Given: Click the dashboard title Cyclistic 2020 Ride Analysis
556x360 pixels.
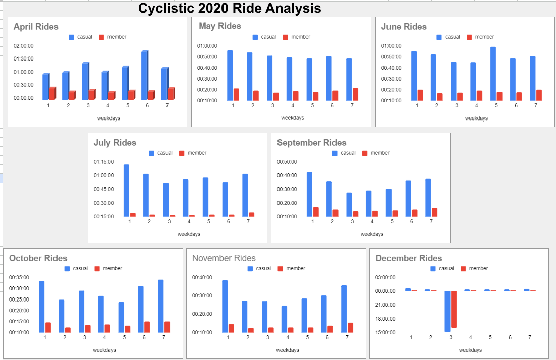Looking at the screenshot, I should tap(230, 9).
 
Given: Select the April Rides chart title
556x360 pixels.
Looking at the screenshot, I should tap(36, 27).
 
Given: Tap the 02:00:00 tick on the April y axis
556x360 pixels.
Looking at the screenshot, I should tap(24, 46).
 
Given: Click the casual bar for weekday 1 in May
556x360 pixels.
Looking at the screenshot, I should tap(230, 75).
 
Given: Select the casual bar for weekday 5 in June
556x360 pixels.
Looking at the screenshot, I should tap(493, 74).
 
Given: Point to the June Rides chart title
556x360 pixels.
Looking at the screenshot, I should tap(404, 27).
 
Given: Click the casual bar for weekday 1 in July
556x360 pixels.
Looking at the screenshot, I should tap(126, 190).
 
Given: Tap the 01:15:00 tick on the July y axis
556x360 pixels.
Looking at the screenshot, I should tap(103, 162).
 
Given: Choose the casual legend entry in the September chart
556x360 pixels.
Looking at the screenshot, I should tap(344, 153).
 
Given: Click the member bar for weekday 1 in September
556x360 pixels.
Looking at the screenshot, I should tap(316, 212).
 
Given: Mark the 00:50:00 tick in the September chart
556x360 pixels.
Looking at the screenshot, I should tap(287, 162).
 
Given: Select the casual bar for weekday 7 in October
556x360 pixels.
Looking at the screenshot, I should tap(161, 306).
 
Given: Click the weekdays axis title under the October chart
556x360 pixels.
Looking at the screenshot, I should tap(104, 350).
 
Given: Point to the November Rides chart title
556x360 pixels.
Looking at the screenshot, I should tap(224, 258).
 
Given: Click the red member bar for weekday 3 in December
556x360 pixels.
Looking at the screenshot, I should tap(454, 309).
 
